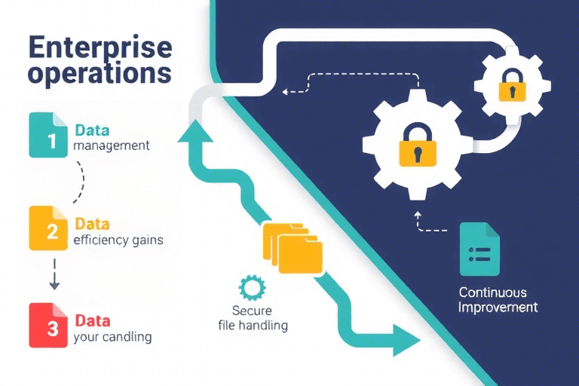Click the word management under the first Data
click(x=112, y=144)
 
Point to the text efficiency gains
click(x=118, y=240)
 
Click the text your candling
click(x=112, y=337)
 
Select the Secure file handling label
click(x=250, y=318)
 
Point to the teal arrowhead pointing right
click(x=403, y=338)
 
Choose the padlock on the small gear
click(x=512, y=85)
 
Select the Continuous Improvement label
click(x=498, y=299)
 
